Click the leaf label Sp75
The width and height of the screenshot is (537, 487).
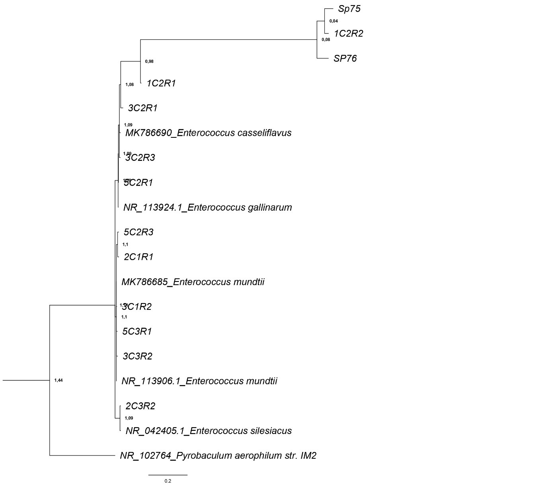(349, 9)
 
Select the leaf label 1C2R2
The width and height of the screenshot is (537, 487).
(348, 33)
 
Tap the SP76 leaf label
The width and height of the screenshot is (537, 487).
(345, 59)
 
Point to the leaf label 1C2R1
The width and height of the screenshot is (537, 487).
(161, 83)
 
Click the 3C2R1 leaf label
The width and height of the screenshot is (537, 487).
(143, 108)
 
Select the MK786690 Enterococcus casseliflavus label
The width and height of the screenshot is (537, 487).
(208, 133)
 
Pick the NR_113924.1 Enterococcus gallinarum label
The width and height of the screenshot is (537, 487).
(207, 207)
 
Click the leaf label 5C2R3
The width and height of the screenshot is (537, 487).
(139, 232)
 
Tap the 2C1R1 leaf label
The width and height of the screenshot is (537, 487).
(139, 257)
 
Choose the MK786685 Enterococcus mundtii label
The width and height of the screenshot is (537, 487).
(193, 282)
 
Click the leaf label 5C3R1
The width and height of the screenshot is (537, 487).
(137, 331)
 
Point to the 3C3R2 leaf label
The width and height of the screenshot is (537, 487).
(137, 356)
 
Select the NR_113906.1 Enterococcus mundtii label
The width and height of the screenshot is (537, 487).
(199, 381)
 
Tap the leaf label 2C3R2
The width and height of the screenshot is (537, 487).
(140, 406)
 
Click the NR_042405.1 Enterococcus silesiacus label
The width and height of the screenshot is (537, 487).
(209, 431)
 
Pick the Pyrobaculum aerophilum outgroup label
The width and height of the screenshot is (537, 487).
(218, 456)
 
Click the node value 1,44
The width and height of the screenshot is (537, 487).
(59, 380)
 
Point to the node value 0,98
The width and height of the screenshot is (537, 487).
(149, 61)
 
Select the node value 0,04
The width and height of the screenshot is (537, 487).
(334, 21)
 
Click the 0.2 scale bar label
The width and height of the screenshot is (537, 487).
(168, 481)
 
